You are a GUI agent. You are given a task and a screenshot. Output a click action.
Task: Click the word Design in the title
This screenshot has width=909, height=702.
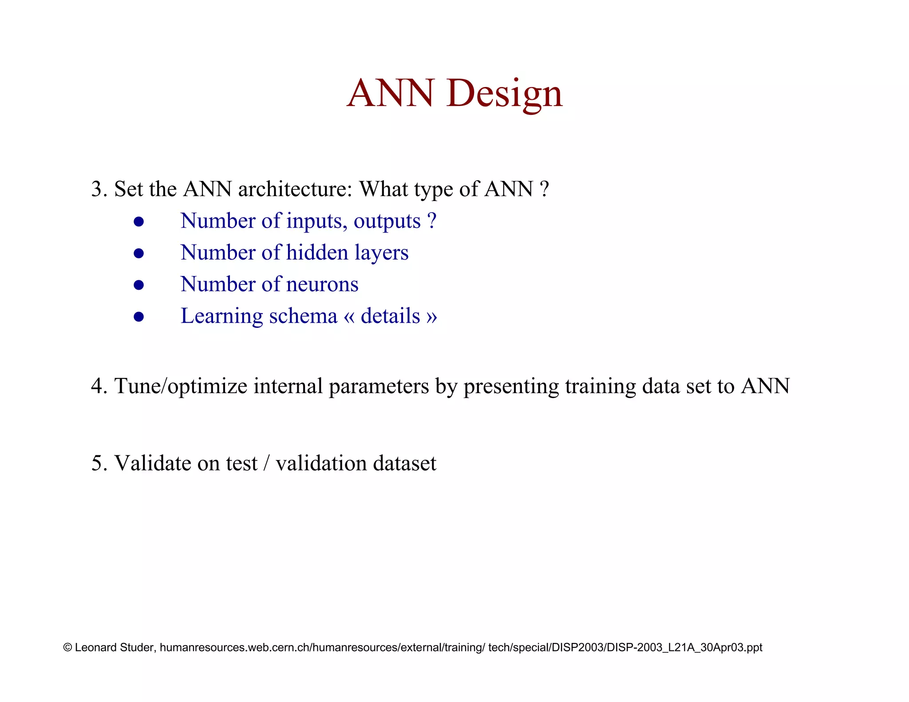(505, 93)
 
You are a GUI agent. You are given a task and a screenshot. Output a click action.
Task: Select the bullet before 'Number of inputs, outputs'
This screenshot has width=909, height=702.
(139, 221)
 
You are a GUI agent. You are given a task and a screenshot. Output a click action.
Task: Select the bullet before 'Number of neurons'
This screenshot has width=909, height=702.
(139, 285)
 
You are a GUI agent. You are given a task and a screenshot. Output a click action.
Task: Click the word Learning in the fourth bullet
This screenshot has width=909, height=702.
(222, 316)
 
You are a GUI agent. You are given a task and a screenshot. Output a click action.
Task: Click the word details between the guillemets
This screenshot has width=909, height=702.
(390, 316)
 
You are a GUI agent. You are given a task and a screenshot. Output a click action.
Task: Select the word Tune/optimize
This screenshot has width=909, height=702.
(181, 386)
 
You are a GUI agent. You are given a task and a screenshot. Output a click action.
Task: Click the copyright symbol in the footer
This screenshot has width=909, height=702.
(67, 647)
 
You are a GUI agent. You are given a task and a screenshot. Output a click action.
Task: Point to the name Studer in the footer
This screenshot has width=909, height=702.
(137, 647)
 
